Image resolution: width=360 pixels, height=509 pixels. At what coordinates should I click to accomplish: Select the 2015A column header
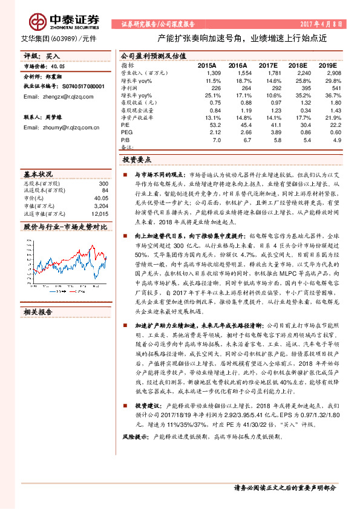tap(207, 65)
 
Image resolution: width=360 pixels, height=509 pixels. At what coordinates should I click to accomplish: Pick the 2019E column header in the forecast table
tap(327, 65)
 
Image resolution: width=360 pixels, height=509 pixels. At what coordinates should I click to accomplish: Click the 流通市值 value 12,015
tap(99, 213)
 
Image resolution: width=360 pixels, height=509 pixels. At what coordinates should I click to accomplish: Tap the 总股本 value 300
tap(103, 183)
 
